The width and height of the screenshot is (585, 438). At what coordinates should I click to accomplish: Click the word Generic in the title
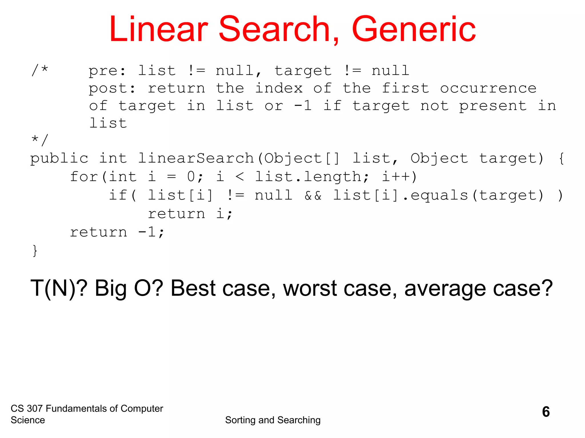(x=414, y=29)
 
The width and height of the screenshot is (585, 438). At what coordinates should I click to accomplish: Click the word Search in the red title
(x=274, y=29)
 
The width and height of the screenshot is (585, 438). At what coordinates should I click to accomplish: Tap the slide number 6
(x=546, y=412)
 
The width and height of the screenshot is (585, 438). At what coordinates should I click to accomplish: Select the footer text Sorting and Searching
(x=273, y=420)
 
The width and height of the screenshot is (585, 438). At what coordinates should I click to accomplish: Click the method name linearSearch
(x=196, y=159)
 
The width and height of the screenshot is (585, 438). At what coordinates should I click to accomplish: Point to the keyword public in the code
(x=59, y=159)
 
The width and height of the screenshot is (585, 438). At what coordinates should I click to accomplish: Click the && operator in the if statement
(x=313, y=196)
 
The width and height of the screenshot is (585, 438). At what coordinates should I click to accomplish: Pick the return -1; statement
(x=117, y=232)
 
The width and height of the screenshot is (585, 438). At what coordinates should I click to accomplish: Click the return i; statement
(x=190, y=214)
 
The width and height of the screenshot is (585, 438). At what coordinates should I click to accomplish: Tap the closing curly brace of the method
(x=35, y=251)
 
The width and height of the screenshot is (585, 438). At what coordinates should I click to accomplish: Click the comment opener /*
(x=40, y=70)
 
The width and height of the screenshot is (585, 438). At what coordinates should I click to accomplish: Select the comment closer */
(x=40, y=140)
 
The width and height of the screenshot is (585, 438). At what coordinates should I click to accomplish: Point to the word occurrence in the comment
(x=488, y=88)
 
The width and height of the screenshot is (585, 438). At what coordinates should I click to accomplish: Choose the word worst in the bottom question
(x=310, y=289)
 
